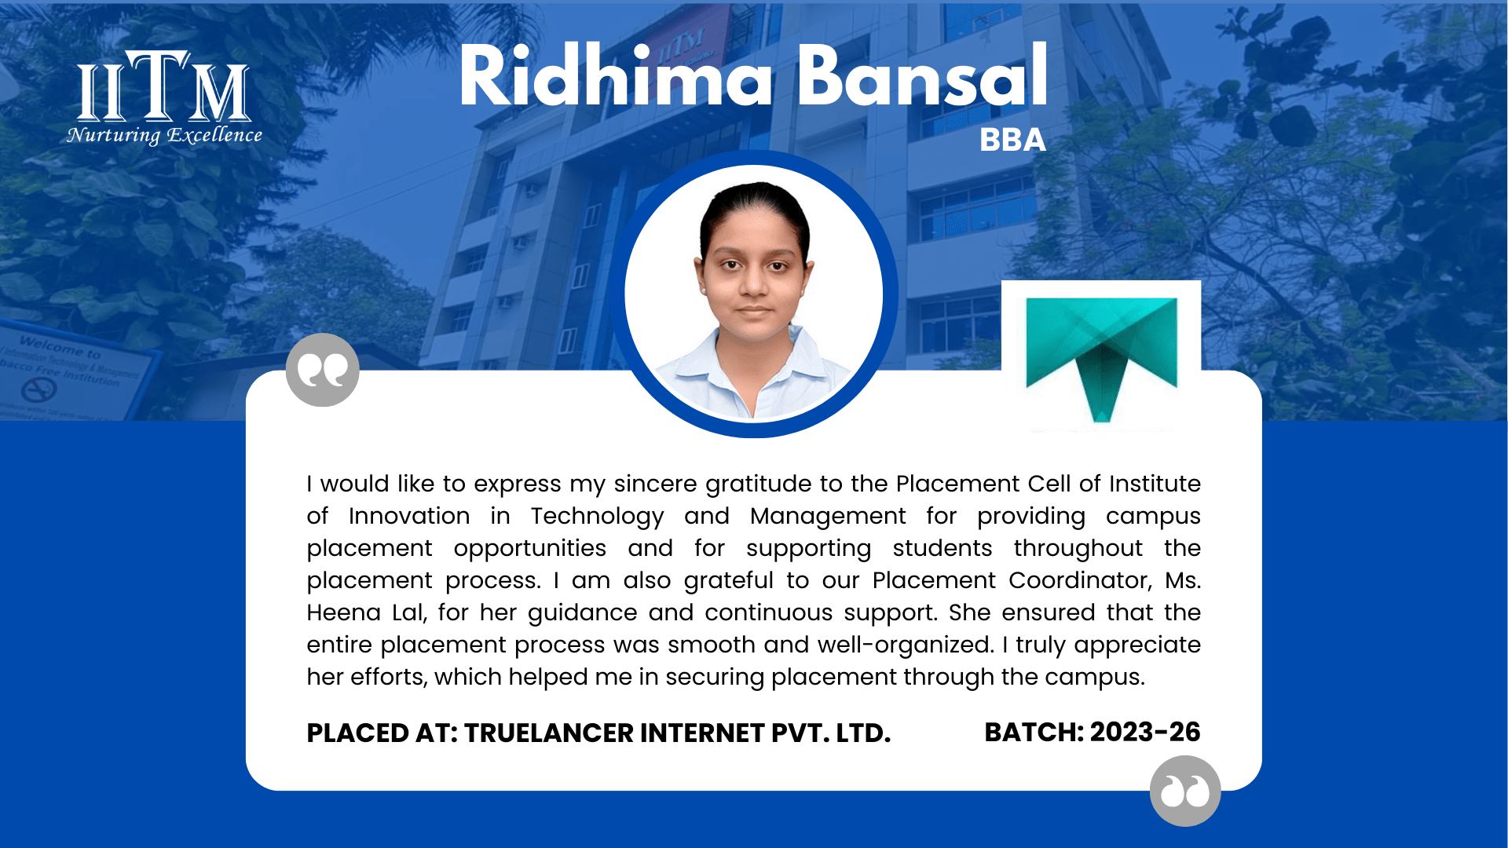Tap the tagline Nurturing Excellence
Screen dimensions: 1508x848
pyautogui.click(x=164, y=135)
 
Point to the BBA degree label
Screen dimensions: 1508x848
pyautogui.click(x=1012, y=140)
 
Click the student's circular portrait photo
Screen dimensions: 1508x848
pyautogui.click(x=754, y=294)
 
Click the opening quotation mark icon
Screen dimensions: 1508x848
pyautogui.click(x=322, y=370)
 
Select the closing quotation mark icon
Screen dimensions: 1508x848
pyautogui.click(x=1185, y=791)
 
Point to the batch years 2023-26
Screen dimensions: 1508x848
pyautogui.click(x=1145, y=732)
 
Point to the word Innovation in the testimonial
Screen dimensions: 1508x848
pyautogui.click(x=409, y=516)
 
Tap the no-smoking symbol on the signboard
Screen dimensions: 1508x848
pyautogui.click(x=38, y=389)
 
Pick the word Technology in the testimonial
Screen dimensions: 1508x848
pyautogui.click(x=597, y=517)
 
